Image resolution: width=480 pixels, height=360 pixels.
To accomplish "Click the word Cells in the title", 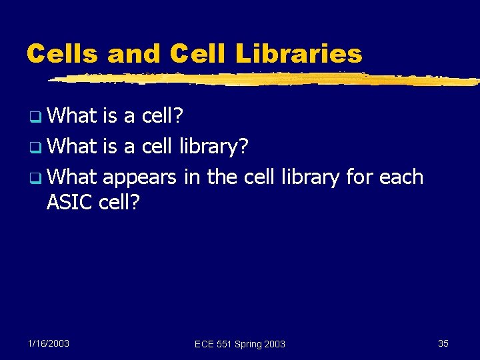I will (x=61, y=53).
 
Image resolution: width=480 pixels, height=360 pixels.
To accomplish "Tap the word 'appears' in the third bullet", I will (x=140, y=178).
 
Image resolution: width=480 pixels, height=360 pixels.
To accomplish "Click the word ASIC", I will (x=69, y=201).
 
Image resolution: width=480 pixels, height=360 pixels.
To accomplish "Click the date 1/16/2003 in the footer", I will (x=49, y=343).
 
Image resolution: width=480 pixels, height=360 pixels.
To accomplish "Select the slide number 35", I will (x=443, y=343).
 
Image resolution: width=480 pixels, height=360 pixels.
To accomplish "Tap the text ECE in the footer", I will (x=205, y=344).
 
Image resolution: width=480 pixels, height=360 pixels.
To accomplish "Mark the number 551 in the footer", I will (x=224, y=344).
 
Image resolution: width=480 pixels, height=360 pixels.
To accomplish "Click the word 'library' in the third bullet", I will (x=310, y=177).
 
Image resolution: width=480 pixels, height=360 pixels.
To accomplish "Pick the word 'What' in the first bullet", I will (x=73, y=117).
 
